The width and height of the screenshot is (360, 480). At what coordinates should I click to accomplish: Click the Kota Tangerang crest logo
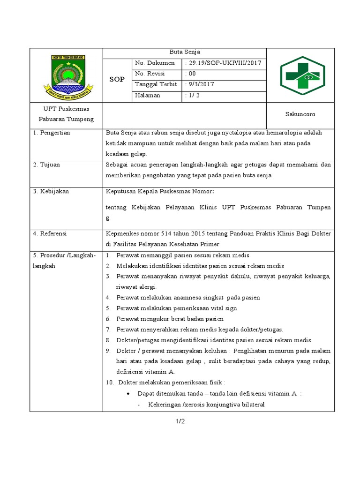[x=66, y=75]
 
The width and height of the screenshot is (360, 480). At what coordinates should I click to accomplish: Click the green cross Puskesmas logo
[x=300, y=75]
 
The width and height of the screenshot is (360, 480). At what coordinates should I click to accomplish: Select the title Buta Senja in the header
[x=184, y=52]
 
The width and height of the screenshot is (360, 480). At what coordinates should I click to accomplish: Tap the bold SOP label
[x=117, y=79]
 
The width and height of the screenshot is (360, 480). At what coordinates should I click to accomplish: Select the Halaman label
[x=147, y=95]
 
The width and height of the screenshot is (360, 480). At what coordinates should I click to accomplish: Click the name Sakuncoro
[x=300, y=114]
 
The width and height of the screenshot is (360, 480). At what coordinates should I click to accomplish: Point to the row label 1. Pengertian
[x=52, y=133]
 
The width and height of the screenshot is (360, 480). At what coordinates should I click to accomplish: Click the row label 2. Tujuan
[x=46, y=165]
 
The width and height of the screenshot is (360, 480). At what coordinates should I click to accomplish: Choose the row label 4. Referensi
[x=50, y=233]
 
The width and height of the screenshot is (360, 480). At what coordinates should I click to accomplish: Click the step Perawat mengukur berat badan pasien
[x=170, y=319]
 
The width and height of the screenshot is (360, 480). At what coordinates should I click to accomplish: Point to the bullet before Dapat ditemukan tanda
[x=128, y=393]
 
